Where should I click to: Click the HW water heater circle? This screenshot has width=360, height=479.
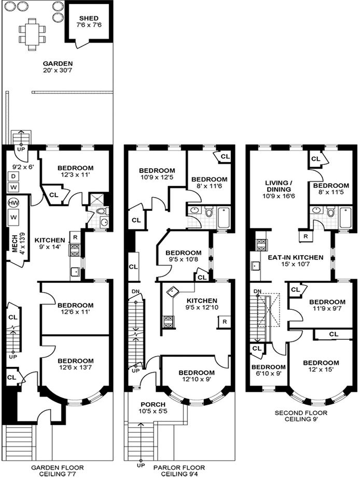point(13,203)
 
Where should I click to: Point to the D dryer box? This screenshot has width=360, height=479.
point(13,176)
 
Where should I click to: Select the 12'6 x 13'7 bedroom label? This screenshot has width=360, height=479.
point(75,364)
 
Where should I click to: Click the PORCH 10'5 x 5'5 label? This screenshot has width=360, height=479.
point(153,408)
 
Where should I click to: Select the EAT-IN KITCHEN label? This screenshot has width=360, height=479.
point(295,261)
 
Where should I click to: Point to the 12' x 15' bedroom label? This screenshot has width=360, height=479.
point(321,366)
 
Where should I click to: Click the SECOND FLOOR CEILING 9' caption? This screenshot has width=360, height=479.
point(301,416)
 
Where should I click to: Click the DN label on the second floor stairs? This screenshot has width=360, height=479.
point(257,292)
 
